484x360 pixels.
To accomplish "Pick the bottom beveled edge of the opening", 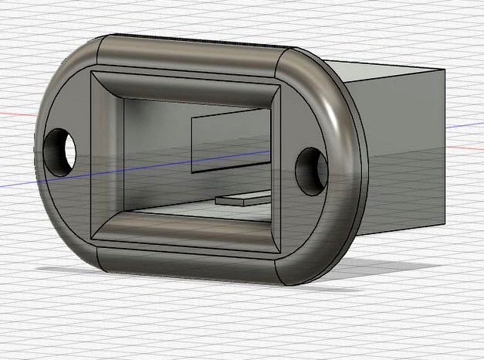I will [185, 229].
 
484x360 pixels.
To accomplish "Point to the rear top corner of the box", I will [445, 70].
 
